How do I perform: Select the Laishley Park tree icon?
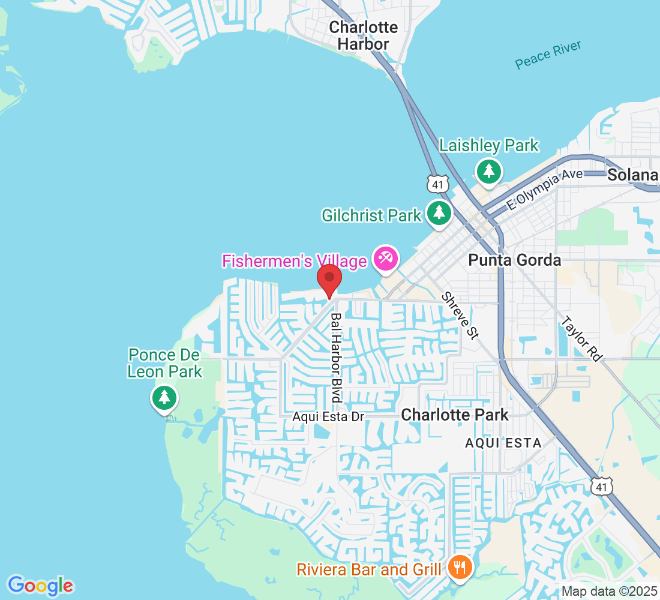tap(489, 172)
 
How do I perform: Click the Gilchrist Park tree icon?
tap(440, 212)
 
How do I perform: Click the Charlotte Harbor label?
tap(363, 35)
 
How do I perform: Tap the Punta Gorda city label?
tap(514, 260)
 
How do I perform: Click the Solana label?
tap(632, 175)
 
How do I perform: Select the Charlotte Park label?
tap(454, 415)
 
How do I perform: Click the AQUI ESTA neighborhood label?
tap(503, 443)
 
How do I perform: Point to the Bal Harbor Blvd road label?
tap(336, 358)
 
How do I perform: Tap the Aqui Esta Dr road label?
tap(328, 416)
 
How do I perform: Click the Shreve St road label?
tap(460, 316)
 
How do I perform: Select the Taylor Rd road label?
tap(580, 338)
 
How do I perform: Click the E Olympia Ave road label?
tap(545, 189)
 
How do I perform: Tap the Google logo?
tap(40, 585)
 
